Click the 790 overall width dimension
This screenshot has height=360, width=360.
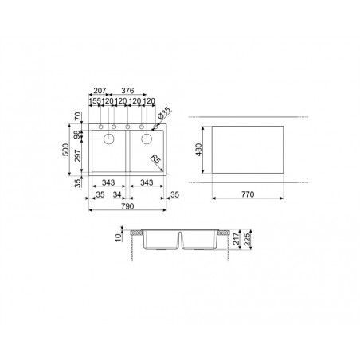click(127, 206)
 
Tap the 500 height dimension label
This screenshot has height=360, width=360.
click(65, 150)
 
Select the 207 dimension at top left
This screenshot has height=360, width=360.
click(100, 91)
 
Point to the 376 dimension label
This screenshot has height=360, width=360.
click(127, 91)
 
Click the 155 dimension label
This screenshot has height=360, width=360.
click(96, 101)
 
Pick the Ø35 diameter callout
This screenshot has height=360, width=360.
click(164, 114)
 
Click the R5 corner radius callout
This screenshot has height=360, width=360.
click(156, 159)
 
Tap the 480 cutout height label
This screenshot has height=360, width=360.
click(198, 150)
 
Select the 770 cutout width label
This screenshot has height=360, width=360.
click(248, 194)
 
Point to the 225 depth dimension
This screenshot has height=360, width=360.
click(247, 239)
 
